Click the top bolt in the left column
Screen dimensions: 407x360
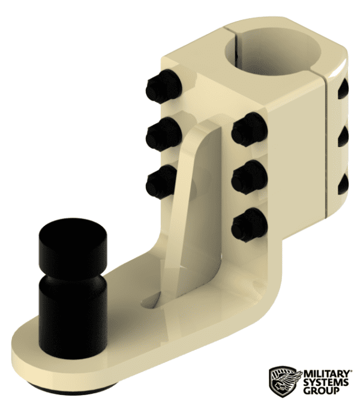pos(161,88)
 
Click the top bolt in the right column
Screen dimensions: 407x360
pos(248,129)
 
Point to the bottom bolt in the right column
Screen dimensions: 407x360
pos(248,223)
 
